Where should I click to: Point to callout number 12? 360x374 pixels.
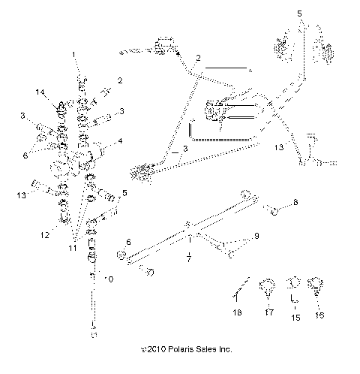(x=45, y=235)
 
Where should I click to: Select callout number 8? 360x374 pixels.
(x=295, y=204)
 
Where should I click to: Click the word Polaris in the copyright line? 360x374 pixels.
(x=175, y=349)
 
